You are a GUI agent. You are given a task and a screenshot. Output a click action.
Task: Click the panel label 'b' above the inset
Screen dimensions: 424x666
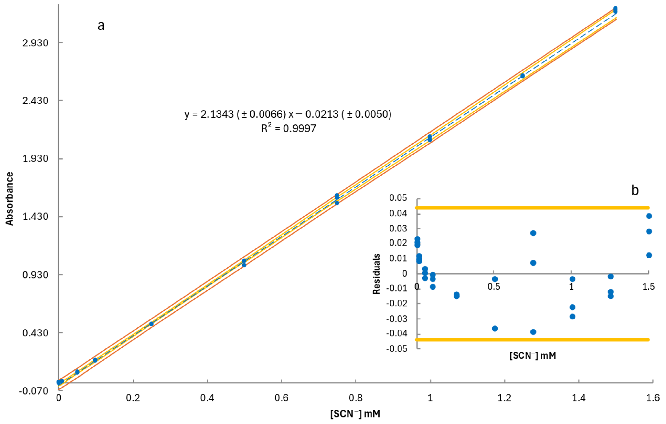tap(635, 190)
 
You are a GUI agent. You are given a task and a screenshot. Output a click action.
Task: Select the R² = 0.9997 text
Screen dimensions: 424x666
tap(288, 128)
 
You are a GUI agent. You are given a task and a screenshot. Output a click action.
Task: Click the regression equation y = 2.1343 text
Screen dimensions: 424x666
tap(288, 114)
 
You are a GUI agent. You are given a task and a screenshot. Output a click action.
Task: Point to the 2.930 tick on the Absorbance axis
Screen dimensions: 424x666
tap(35, 43)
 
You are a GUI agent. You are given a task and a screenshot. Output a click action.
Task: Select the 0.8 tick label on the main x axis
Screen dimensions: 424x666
tap(356, 398)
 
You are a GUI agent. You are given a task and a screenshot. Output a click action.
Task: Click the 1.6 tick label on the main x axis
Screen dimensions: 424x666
tap(653, 398)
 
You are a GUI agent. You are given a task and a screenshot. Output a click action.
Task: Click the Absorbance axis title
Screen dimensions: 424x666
tap(10, 199)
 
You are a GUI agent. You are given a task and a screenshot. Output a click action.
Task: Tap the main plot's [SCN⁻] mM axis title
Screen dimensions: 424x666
tap(355, 414)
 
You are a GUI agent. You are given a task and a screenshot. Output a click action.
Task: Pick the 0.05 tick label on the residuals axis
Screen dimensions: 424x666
tap(398, 198)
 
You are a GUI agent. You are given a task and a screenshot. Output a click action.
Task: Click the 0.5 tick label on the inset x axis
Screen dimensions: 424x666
tap(494, 287)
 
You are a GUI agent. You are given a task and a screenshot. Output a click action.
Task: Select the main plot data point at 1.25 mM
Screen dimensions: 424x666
tap(522, 76)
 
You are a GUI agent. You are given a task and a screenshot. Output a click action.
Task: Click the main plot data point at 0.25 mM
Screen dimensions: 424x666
tap(151, 324)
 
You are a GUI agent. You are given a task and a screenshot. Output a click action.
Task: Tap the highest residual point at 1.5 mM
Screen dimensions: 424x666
tap(649, 216)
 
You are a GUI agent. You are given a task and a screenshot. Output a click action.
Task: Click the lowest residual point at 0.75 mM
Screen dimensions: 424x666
tap(533, 332)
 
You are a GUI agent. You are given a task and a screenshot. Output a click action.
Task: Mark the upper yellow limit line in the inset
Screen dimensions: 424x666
tap(532, 208)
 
